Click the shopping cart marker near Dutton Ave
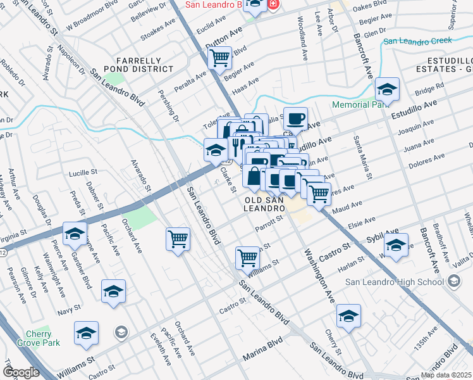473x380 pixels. tap(219, 58)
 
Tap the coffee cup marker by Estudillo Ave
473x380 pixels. tap(295, 118)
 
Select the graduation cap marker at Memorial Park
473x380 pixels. tap(386, 89)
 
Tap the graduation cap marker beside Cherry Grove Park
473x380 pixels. tap(87, 333)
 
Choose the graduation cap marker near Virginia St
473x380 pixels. tap(75, 236)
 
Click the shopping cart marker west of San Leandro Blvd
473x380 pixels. tap(178, 239)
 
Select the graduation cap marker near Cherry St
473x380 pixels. tap(348, 315)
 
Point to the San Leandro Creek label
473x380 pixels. tap(418, 41)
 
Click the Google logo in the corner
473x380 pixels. tap(21, 372)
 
